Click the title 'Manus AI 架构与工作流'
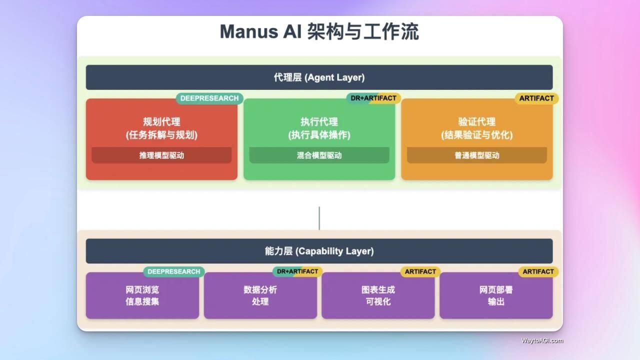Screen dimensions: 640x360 tap(319, 31)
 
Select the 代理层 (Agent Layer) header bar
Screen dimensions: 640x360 tap(319, 77)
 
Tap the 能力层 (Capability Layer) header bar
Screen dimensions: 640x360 tap(319, 251)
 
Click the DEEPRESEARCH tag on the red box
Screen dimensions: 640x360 tap(209, 98)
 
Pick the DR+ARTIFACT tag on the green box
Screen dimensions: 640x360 tap(373, 98)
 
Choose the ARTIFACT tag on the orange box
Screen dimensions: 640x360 tap(536, 98)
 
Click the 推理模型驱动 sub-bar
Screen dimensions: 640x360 tap(161, 155)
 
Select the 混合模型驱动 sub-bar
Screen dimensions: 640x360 tap(319, 155)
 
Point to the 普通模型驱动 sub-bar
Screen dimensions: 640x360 tap(477, 155)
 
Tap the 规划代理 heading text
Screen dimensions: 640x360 tap(161, 121)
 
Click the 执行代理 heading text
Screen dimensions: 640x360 tap(319, 121)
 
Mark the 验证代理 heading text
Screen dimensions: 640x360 tap(477, 121)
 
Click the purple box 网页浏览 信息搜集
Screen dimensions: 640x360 tap(142, 295)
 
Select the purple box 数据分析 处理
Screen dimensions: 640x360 tap(260, 295)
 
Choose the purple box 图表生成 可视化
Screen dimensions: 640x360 tap(378, 295)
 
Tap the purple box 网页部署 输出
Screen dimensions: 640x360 tap(496, 295)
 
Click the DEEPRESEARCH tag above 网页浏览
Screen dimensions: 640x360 tap(173, 271)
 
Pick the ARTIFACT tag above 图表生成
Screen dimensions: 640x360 tap(420, 271)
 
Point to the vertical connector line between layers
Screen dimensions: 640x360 tap(319, 218)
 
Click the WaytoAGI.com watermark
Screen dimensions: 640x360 tap(542, 340)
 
